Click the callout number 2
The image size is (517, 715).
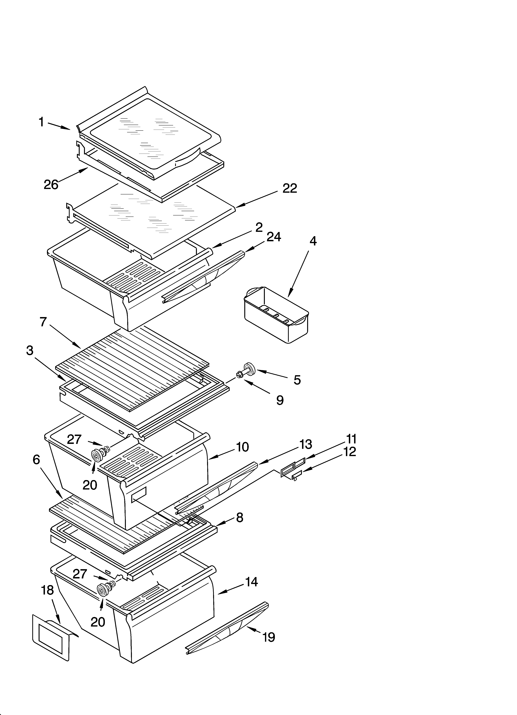(259, 227)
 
